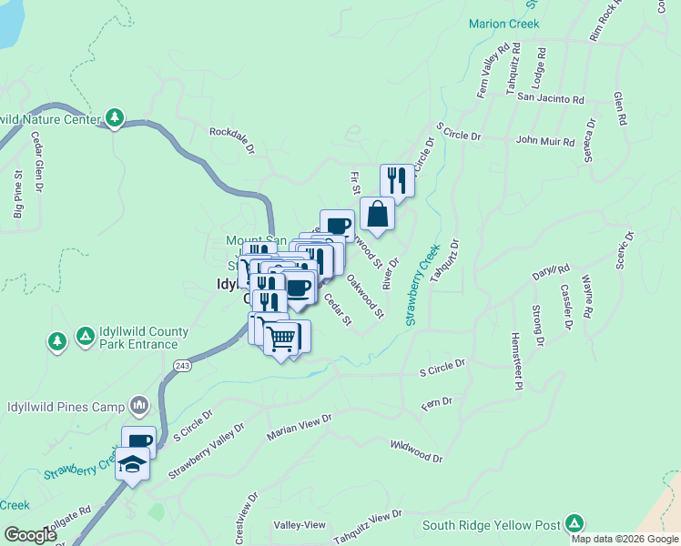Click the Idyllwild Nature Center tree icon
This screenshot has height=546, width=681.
(115, 117)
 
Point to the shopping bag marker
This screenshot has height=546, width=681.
(377, 215)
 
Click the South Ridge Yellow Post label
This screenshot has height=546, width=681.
(492, 524)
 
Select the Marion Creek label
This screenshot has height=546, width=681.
(498, 24)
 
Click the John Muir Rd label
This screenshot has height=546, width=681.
(545, 142)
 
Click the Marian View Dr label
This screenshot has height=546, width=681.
(300, 427)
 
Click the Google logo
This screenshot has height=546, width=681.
(31, 535)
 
